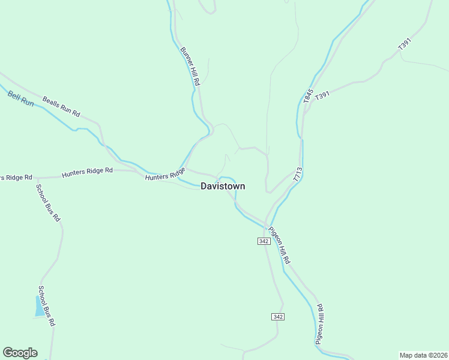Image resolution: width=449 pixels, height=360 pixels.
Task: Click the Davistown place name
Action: pos(223,187)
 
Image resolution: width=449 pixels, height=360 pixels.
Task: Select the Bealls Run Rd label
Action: pos(61,106)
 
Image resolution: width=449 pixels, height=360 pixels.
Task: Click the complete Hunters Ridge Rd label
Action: pos(87,173)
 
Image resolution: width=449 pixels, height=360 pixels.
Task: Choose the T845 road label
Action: pos(309,96)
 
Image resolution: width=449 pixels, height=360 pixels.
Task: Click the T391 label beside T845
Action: pos(322,95)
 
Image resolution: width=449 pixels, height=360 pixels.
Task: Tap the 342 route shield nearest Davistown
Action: pos(264,241)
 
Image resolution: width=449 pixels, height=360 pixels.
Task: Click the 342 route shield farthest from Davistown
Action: pos(277,316)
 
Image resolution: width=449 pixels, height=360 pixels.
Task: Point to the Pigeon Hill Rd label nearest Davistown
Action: pos(279,245)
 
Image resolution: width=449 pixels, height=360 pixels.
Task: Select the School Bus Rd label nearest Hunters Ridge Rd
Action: pos(48,202)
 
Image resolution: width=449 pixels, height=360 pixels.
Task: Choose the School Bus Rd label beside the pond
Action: pos(47,305)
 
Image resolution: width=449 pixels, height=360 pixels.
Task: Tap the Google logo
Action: pos(20,353)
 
